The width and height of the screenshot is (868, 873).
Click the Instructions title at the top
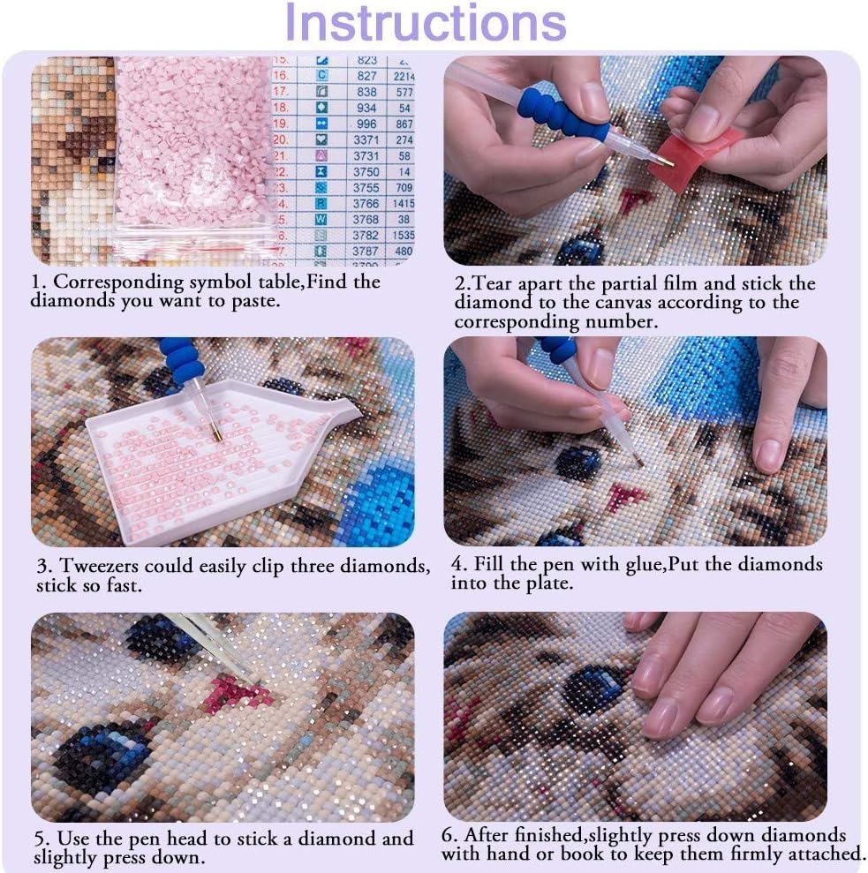coord(426,22)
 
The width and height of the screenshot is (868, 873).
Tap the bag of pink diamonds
coord(194,156)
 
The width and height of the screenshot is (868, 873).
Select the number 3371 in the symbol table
coord(366,139)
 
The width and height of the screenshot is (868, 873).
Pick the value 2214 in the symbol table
coord(404,76)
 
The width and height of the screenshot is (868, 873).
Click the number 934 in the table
coord(366,108)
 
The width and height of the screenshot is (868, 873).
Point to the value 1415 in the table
coord(404,204)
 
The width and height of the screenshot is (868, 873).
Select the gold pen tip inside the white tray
coord(216,433)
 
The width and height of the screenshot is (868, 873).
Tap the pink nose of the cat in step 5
coord(234,694)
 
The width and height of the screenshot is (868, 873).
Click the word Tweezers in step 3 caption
coord(99,566)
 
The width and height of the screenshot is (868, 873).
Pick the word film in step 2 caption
coord(681,283)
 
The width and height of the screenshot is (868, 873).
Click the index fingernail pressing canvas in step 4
coord(769,455)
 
